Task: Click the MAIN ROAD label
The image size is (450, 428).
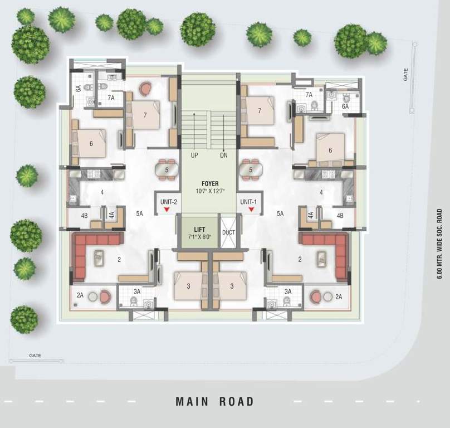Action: tap(215, 401)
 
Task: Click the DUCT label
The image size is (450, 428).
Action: tap(228, 232)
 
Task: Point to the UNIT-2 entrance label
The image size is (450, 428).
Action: tap(168, 202)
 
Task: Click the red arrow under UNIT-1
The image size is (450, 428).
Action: tap(251, 210)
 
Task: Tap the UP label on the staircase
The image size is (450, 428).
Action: tap(194, 155)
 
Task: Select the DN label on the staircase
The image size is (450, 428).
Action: tap(224, 155)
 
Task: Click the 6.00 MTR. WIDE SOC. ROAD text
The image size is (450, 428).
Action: tap(439, 244)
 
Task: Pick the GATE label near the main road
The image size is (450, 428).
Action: tap(35, 355)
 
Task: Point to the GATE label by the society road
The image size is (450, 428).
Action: tap(406, 73)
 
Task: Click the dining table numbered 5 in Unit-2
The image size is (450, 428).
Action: tap(167, 169)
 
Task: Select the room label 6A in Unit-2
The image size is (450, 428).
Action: tap(79, 88)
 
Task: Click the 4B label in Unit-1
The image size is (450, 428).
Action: tap(340, 215)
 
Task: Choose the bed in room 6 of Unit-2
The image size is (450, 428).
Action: tap(90, 143)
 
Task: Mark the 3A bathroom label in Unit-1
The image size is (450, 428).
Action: tap(288, 291)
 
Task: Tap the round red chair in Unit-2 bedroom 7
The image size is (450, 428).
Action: tap(146, 89)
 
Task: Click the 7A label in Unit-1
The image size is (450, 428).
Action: tap(309, 95)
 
